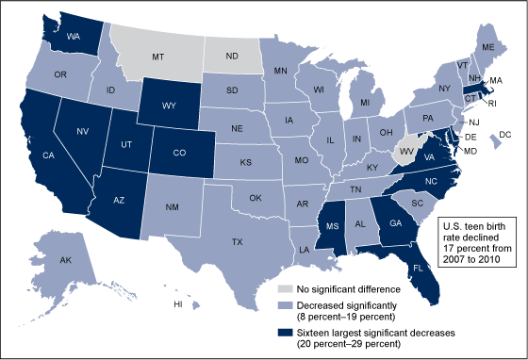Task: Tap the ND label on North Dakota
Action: [231, 55]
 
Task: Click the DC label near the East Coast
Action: [504, 136]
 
